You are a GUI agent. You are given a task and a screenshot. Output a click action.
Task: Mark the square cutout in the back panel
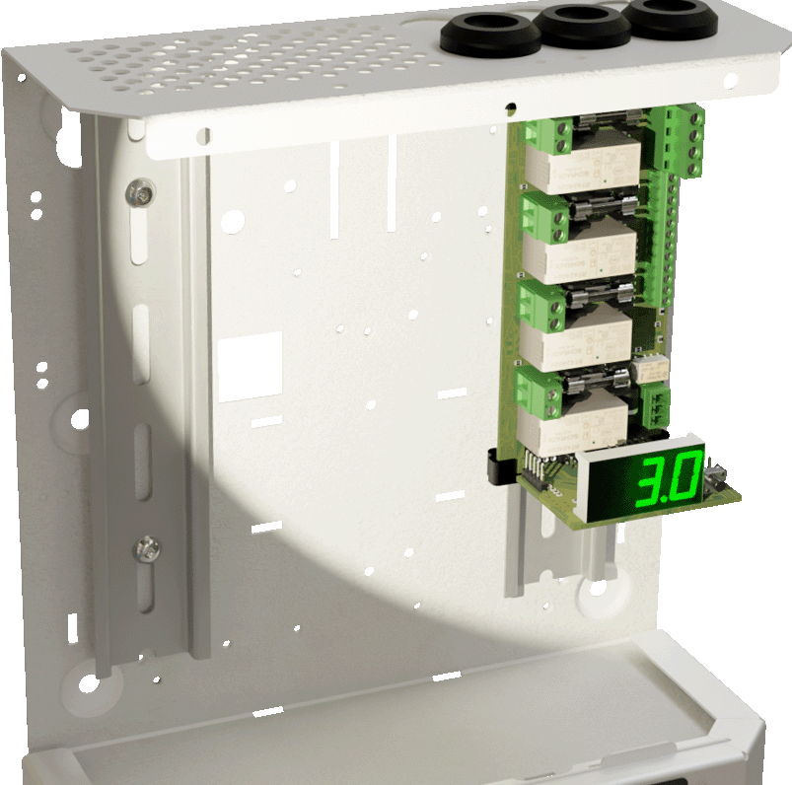[250, 365]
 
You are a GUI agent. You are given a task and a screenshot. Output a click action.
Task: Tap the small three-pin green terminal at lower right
[658, 404]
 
